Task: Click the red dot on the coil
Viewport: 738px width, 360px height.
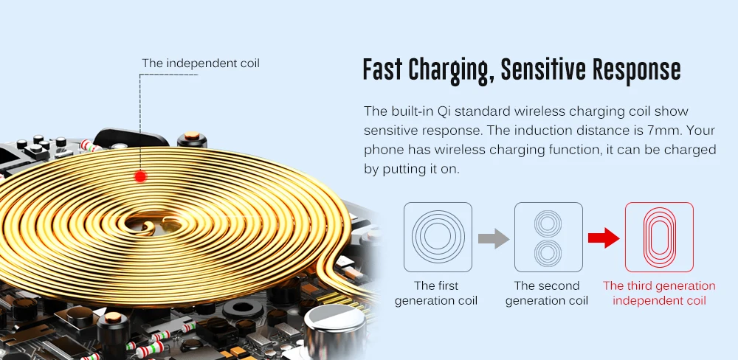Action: pyautogui.click(x=140, y=176)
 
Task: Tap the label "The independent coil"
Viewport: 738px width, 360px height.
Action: pyautogui.click(x=201, y=63)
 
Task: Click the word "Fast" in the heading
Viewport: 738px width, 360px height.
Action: pyautogui.click(x=382, y=70)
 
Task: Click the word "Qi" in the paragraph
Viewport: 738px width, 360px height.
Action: pyautogui.click(x=483, y=111)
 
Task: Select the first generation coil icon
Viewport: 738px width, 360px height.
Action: pyautogui.click(x=438, y=236)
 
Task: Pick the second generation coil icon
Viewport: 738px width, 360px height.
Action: pyautogui.click(x=548, y=237)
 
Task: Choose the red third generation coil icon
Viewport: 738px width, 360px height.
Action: pyautogui.click(x=659, y=237)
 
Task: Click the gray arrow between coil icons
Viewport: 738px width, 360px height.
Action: pyautogui.click(x=494, y=238)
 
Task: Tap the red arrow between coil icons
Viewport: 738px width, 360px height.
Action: pyautogui.click(x=603, y=238)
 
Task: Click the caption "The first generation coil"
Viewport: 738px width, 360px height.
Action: pyautogui.click(x=436, y=293)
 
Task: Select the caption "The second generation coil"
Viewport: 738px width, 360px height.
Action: pyautogui.click(x=547, y=293)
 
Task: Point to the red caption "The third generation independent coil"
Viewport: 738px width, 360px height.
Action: pyautogui.click(x=659, y=293)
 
